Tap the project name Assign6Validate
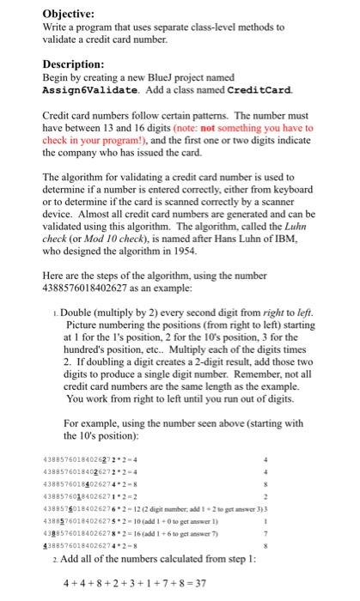[x=86, y=90]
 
